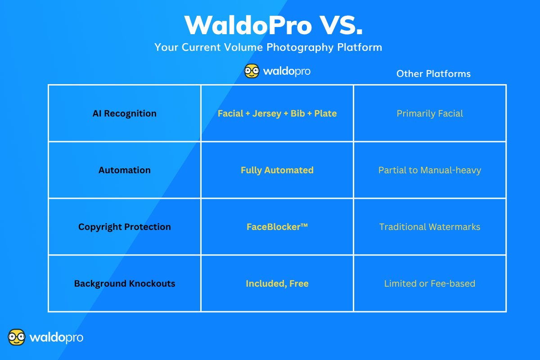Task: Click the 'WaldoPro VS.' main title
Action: pos(273,25)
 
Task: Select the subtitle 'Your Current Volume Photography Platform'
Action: pos(268,47)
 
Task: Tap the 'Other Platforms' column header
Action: pos(433,74)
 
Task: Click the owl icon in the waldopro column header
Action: pos(252,71)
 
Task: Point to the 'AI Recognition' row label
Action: pos(125,113)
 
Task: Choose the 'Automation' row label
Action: pos(125,170)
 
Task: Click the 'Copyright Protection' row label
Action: pos(125,227)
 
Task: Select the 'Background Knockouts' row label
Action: pos(125,283)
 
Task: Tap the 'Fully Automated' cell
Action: pos(277,170)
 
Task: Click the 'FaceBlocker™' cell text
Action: pos(277,227)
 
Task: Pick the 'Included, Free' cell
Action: pos(277,283)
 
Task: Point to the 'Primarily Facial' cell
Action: pos(430,113)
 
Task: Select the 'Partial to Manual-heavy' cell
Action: pos(430,170)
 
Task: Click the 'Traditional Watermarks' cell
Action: pos(430,227)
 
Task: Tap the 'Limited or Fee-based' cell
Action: pos(430,283)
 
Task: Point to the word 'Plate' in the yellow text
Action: pos(325,113)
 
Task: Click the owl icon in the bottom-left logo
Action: pos(17,337)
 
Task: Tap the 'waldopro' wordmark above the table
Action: pos(287,71)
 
